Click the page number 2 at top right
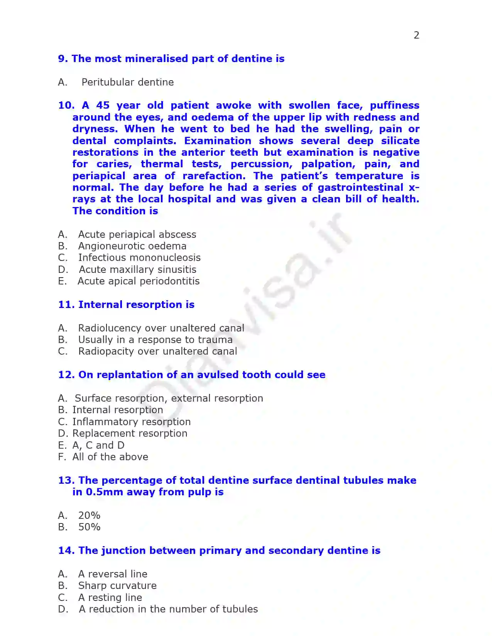(x=416, y=35)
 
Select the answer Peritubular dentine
(x=127, y=82)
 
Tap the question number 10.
(x=66, y=105)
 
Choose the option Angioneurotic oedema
(x=132, y=246)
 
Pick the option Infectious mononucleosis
(x=139, y=257)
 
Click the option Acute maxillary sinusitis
(x=137, y=269)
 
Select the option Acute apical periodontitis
(x=138, y=281)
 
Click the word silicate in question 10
(x=400, y=141)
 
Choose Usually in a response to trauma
(x=155, y=340)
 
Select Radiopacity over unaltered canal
(x=157, y=351)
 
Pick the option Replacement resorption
(x=130, y=433)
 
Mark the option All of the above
(x=110, y=457)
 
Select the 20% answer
(x=89, y=515)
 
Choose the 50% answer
(x=89, y=527)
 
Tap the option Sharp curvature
(x=117, y=586)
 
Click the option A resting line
(x=110, y=597)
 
